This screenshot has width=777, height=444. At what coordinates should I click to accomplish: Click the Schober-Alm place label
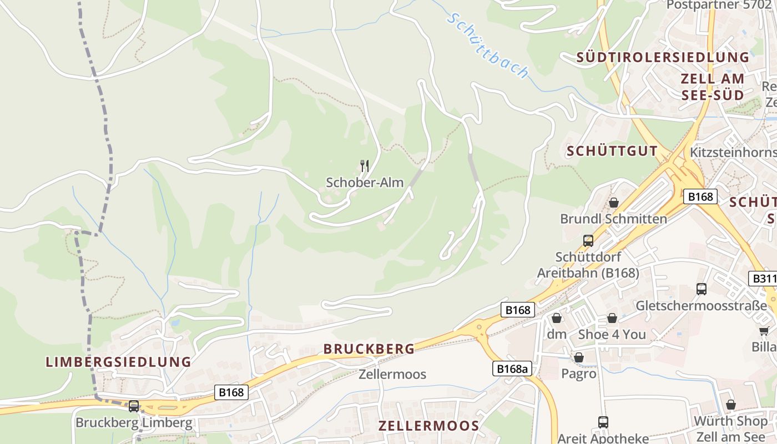365,183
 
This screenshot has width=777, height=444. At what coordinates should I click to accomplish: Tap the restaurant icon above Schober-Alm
365,165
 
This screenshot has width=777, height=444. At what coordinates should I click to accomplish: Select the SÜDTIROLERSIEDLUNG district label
663,58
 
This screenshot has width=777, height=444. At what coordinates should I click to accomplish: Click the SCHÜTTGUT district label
612,151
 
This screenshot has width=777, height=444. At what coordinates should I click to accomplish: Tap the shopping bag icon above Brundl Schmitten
613,203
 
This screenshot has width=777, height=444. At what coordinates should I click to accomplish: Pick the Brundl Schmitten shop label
613,219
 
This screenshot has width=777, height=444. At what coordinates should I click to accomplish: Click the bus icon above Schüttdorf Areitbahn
588,241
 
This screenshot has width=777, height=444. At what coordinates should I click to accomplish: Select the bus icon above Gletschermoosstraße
702,289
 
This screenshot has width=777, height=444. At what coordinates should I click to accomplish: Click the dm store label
557,334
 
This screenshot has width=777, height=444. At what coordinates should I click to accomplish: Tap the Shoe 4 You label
612,334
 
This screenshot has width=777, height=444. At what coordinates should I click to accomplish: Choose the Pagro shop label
578,374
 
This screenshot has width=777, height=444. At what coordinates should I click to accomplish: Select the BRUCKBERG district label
369,349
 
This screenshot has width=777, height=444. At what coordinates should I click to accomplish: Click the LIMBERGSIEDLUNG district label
118,362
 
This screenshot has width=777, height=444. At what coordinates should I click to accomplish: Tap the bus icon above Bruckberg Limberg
134,406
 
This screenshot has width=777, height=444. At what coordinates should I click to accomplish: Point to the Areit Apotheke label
603,438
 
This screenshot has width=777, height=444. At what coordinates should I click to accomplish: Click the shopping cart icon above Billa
764,331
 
